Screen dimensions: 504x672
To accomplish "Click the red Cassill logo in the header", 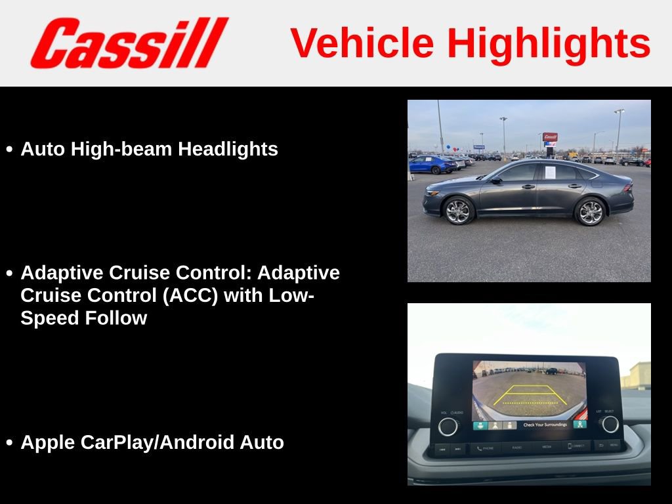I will click(129, 43).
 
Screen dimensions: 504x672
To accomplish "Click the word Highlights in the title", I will click(549, 43).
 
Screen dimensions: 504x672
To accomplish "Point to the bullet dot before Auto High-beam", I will click(9, 150).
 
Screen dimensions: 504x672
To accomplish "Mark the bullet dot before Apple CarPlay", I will click(9, 444).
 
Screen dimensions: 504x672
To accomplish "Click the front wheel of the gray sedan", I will click(457, 211).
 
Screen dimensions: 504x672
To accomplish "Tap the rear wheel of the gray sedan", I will click(589, 211).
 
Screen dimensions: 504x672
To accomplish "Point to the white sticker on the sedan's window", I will click(550, 172).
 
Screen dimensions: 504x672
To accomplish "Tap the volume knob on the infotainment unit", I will click(448, 426).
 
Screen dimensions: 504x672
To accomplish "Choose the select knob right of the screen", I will click(610, 424).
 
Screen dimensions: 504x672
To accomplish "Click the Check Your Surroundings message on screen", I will click(545, 425).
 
